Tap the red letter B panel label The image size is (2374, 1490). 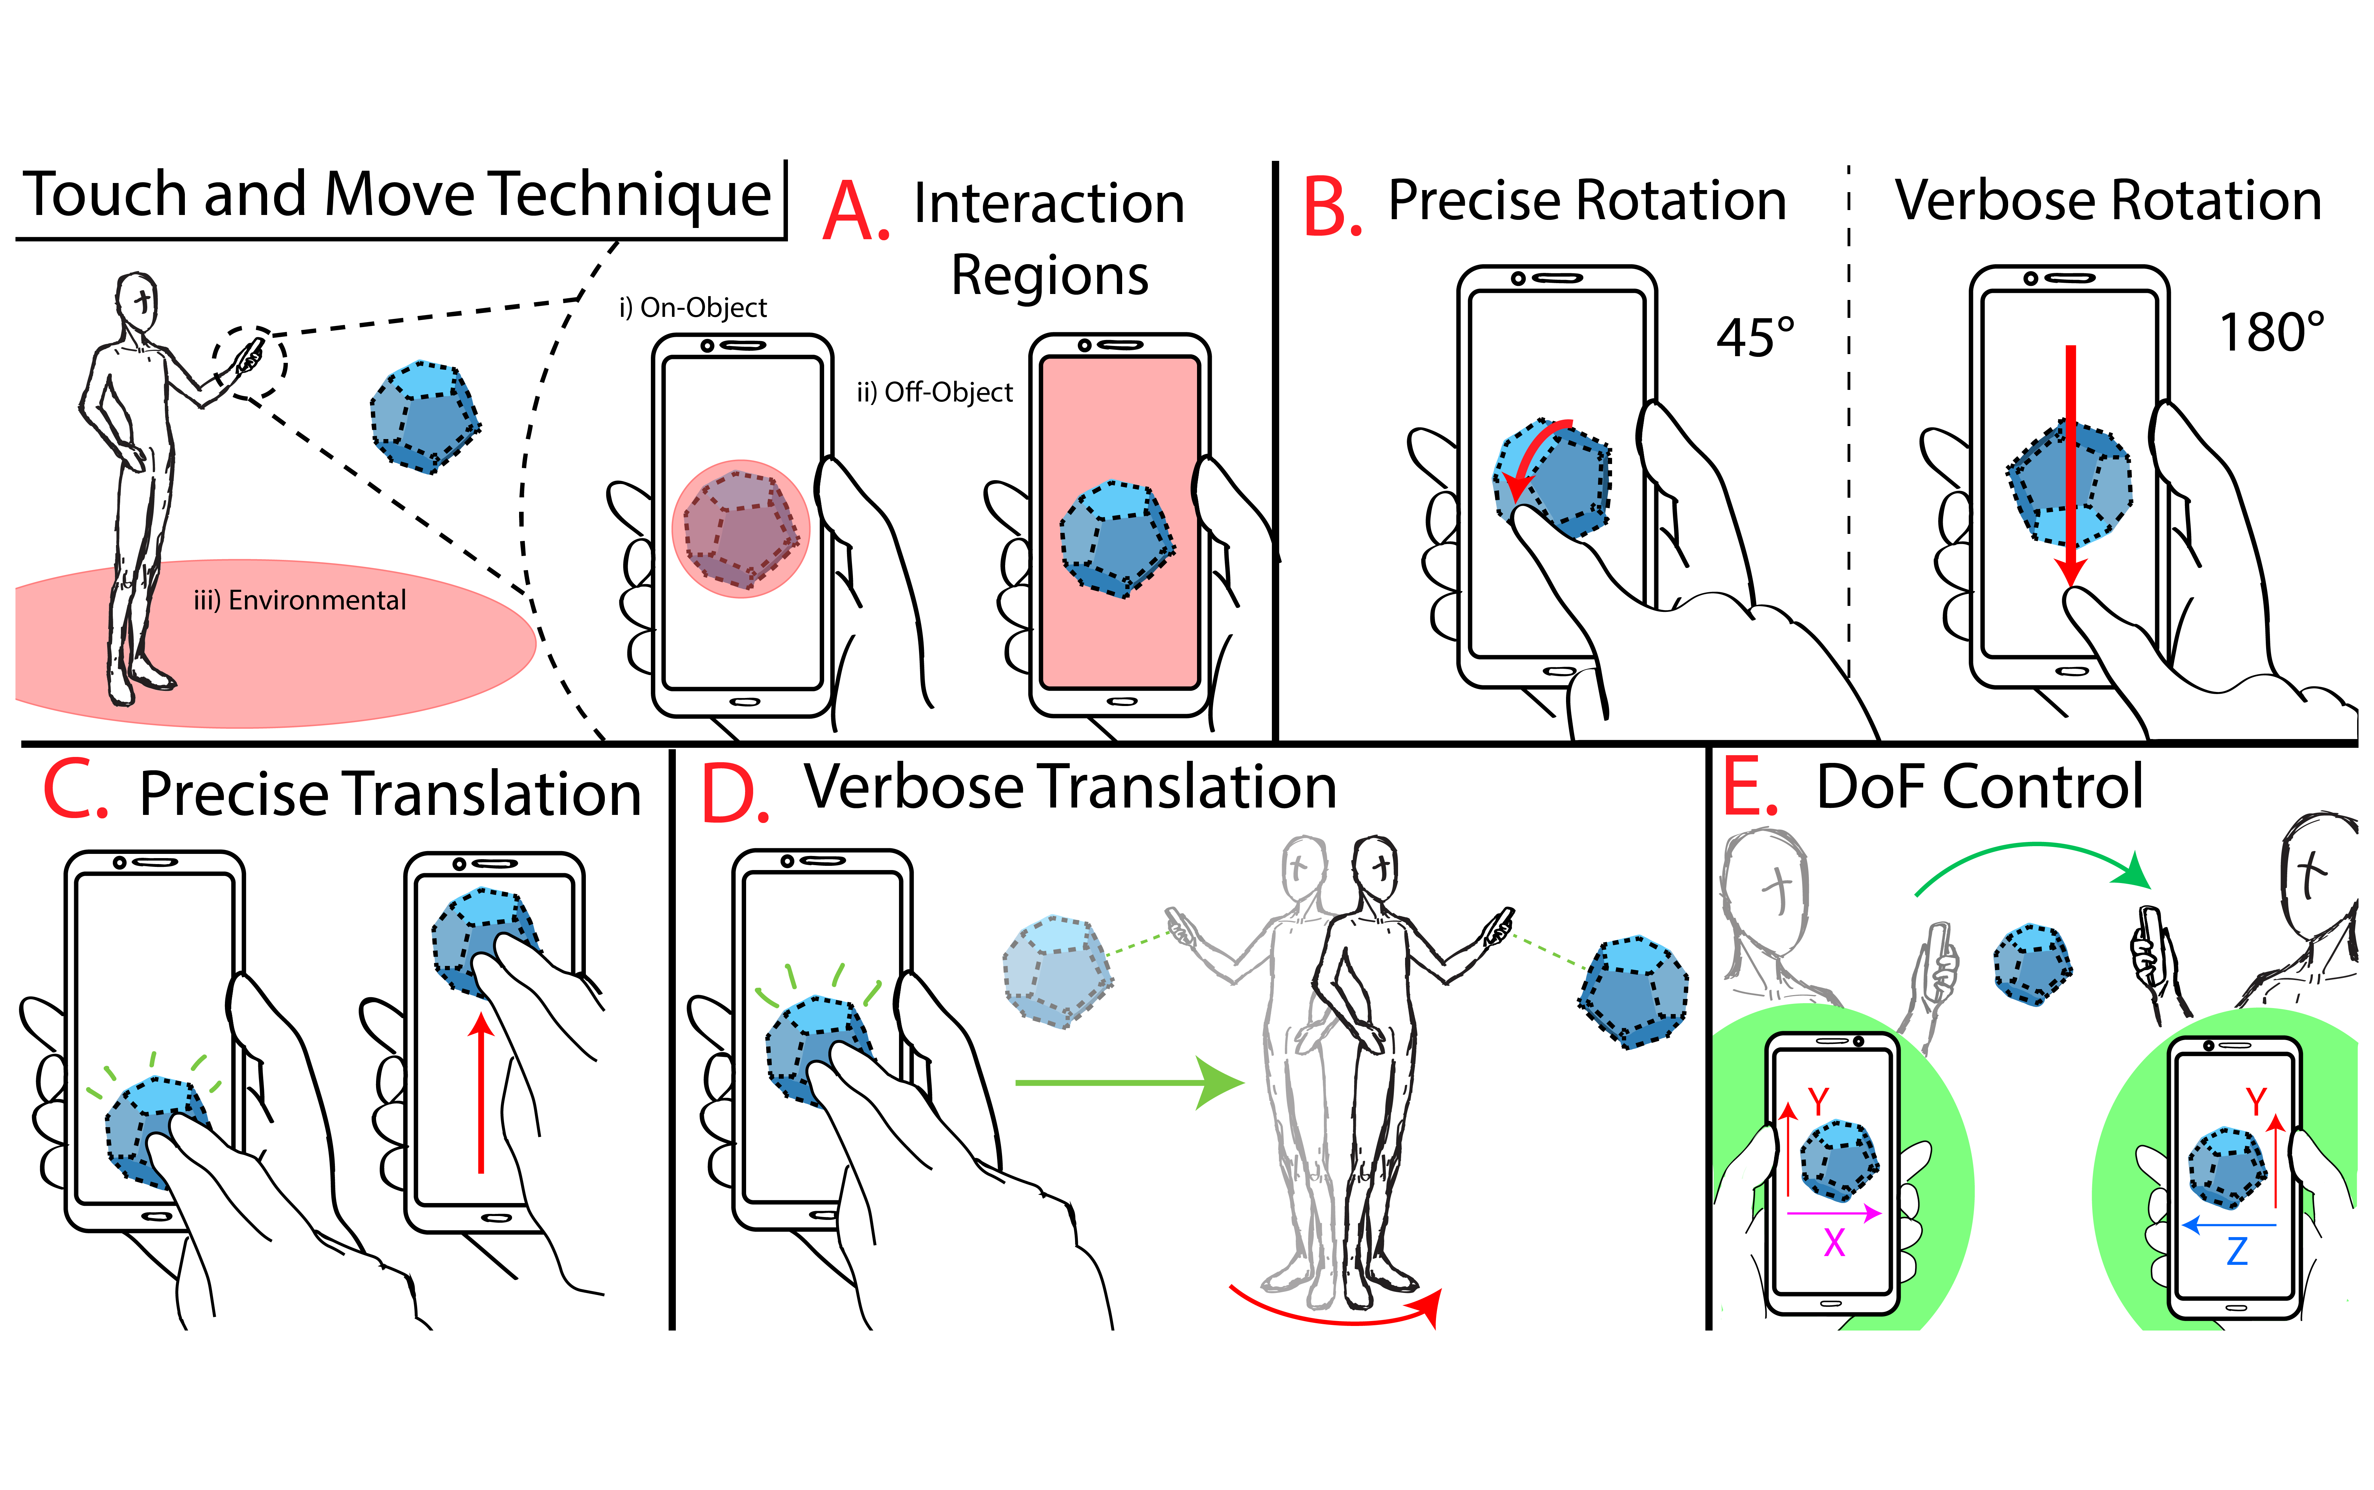pos(1331,209)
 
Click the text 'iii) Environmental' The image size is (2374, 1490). pos(300,600)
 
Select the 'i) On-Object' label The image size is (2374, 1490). pos(692,307)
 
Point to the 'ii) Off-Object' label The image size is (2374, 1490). pos(934,392)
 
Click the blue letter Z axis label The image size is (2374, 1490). pos(2237,1252)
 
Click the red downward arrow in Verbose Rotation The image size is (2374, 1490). pos(2071,463)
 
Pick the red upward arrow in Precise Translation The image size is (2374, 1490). pos(481,1094)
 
